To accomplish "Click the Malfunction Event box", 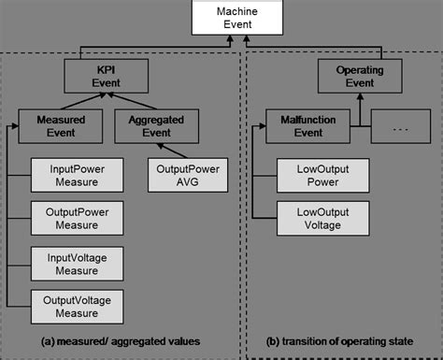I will (301, 126).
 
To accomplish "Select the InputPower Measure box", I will (70, 175).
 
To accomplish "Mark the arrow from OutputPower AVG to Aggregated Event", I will (171, 151).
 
